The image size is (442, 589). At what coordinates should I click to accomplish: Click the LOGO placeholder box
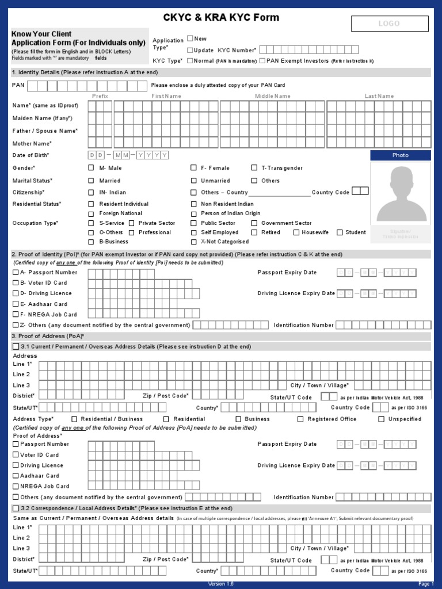pyautogui.click(x=390, y=24)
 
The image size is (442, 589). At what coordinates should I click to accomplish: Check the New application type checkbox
pyautogui.click(x=190, y=39)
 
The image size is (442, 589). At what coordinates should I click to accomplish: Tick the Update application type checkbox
pyautogui.click(x=190, y=50)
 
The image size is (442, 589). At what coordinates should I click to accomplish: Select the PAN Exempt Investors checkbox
pyautogui.click(x=262, y=60)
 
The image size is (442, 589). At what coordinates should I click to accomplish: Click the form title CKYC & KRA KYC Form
pyautogui.click(x=221, y=18)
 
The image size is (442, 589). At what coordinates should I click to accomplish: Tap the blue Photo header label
pyautogui.click(x=401, y=155)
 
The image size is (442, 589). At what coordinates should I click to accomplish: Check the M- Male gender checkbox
pyautogui.click(x=91, y=168)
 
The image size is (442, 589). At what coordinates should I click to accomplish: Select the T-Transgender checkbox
pyautogui.click(x=254, y=168)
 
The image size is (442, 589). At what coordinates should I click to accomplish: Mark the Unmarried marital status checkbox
pyautogui.click(x=194, y=181)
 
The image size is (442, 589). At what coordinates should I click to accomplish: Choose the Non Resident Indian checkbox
pyautogui.click(x=194, y=204)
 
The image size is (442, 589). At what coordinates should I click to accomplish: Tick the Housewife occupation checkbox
pyautogui.click(x=296, y=232)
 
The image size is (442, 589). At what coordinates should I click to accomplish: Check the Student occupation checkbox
pyautogui.click(x=340, y=232)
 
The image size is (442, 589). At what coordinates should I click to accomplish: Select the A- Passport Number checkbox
pyautogui.click(x=16, y=273)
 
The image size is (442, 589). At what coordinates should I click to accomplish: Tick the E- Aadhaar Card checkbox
pyautogui.click(x=16, y=304)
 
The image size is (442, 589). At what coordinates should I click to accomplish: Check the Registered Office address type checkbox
pyautogui.click(x=300, y=419)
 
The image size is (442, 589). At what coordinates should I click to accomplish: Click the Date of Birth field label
pyautogui.click(x=31, y=155)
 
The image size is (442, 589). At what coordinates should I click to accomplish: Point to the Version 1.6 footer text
pyautogui.click(x=221, y=584)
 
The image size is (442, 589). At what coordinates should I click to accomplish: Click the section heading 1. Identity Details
pyautogui.click(x=85, y=72)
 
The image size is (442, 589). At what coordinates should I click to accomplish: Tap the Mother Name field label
pyautogui.click(x=32, y=144)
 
